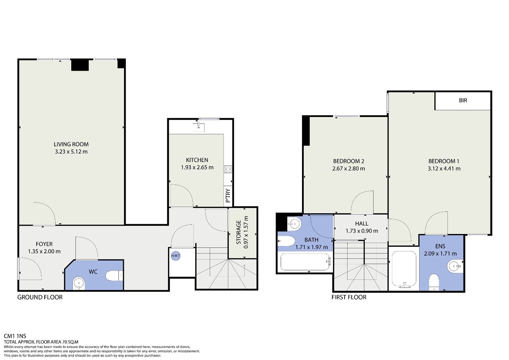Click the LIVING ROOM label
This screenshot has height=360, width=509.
click(x=71, y=144)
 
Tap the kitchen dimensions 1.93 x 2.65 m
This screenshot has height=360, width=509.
click(x=197, y=168)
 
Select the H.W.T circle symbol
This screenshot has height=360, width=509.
click(x=176, y=256)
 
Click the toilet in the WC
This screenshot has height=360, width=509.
click(x=114, y=276)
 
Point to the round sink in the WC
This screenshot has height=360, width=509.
click(x=79, y=283)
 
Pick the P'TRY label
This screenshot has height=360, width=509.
click(x=228, y=195)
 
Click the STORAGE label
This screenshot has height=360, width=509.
click(x=239, y=232)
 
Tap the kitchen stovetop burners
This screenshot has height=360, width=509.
click(x=228, y=169)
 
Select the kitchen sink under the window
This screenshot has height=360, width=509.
click(x=198, y=127)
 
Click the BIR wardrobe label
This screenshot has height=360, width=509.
click(x=463, y=100)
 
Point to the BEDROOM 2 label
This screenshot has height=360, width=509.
click(x=348, y=161)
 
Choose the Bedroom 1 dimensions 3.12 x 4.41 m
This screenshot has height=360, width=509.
click(x=444, y=168)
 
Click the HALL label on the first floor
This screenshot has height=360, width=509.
click(x=362, y=223)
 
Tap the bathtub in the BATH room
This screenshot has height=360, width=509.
click(x=305, y=262)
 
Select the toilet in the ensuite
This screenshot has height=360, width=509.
click(x=434, y=282)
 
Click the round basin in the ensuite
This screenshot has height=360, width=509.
click(x=454, y=266)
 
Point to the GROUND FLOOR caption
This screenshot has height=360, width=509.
click(x=40, y=297)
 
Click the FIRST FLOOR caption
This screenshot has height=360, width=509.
click(x=349, y=297)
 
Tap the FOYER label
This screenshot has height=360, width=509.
click(x=44, y=244)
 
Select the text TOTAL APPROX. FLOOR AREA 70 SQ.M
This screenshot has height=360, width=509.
click(x=41, y=342)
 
